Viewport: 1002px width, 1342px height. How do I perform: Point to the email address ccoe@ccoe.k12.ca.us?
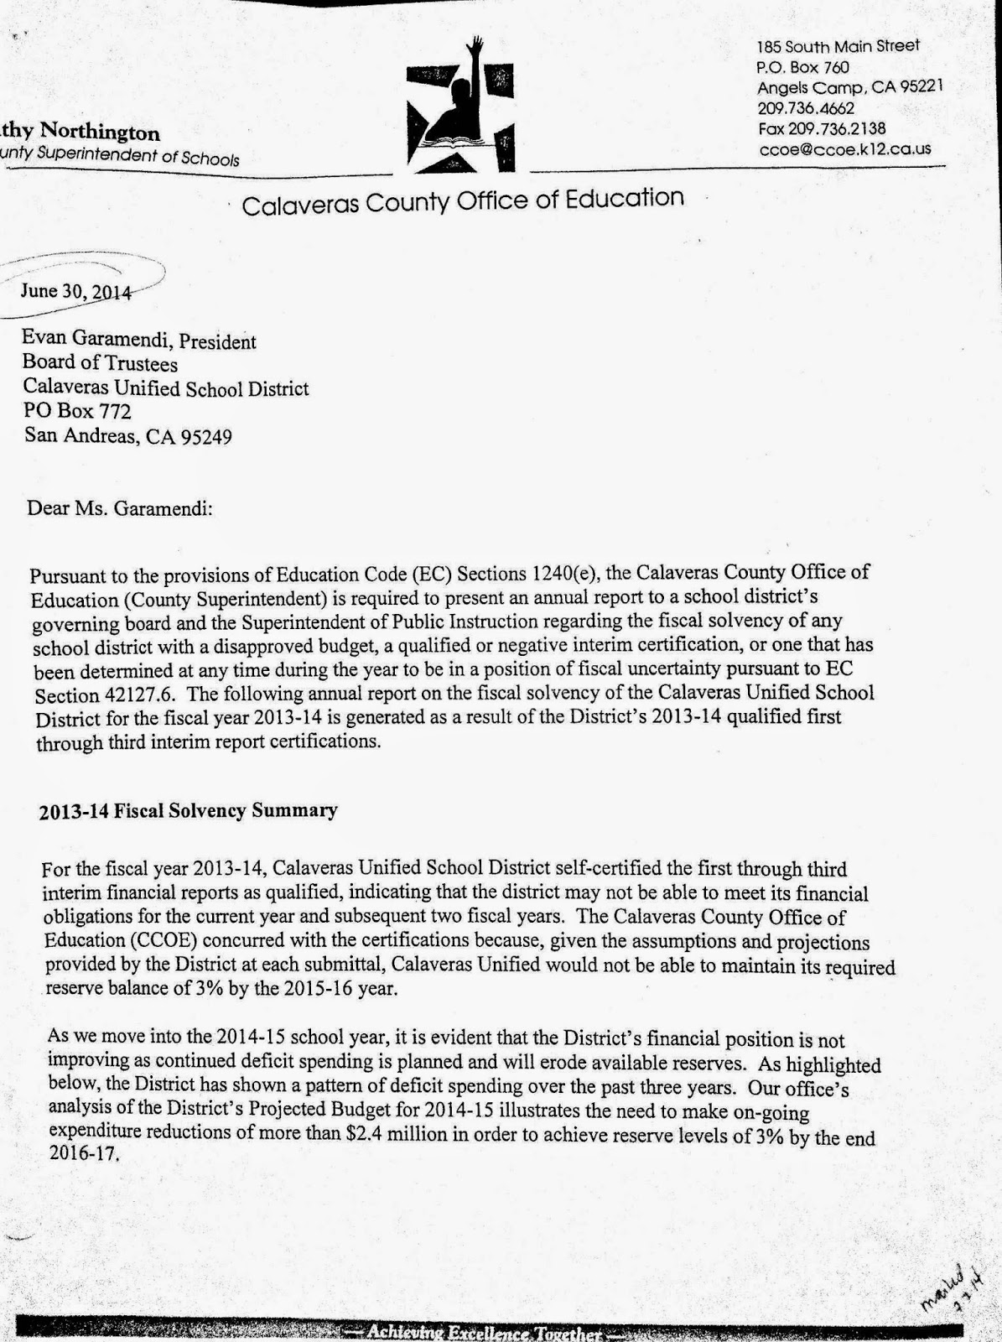click(844, 149)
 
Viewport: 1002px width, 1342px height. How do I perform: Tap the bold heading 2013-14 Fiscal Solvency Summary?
click(188, 810)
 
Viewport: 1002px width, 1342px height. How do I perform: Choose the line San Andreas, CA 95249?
click(127, 436)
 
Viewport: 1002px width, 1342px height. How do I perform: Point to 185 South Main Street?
click(838, 46)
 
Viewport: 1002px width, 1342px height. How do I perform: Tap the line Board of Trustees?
click(100, 364)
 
